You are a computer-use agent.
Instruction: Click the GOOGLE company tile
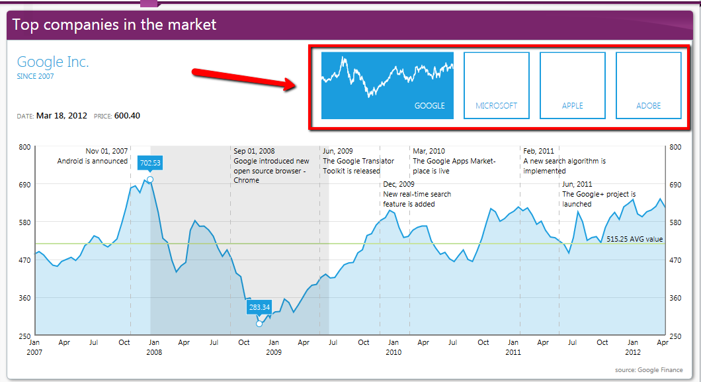(x=387, y=85)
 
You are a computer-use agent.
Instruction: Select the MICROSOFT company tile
(x=497, y=85)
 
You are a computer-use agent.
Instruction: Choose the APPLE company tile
(x=573, y=85)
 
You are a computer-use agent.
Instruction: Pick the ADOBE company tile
(x=649, y=85)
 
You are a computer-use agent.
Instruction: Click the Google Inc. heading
(x=53, y=62)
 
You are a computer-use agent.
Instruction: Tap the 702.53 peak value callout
(x=150, y=163)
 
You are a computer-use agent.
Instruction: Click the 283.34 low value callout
(x=259, y=307)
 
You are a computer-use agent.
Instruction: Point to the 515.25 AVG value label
(x=634, y=239)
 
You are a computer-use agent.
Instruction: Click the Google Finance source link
(x=660, y=370)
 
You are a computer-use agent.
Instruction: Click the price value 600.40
(x=127, y=116)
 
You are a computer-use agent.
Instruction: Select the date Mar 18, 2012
(x=62, y=116)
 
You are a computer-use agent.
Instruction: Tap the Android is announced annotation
(x=93, y=161)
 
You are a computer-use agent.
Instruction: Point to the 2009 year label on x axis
(x=274, y=353)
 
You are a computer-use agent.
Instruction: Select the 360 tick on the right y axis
(x=676, y=298)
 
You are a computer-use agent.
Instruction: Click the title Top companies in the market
(x=114, y=25)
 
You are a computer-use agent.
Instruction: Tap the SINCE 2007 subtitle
(x=35, y=76)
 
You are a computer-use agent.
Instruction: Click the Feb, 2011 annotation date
(x=538, y=151)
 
